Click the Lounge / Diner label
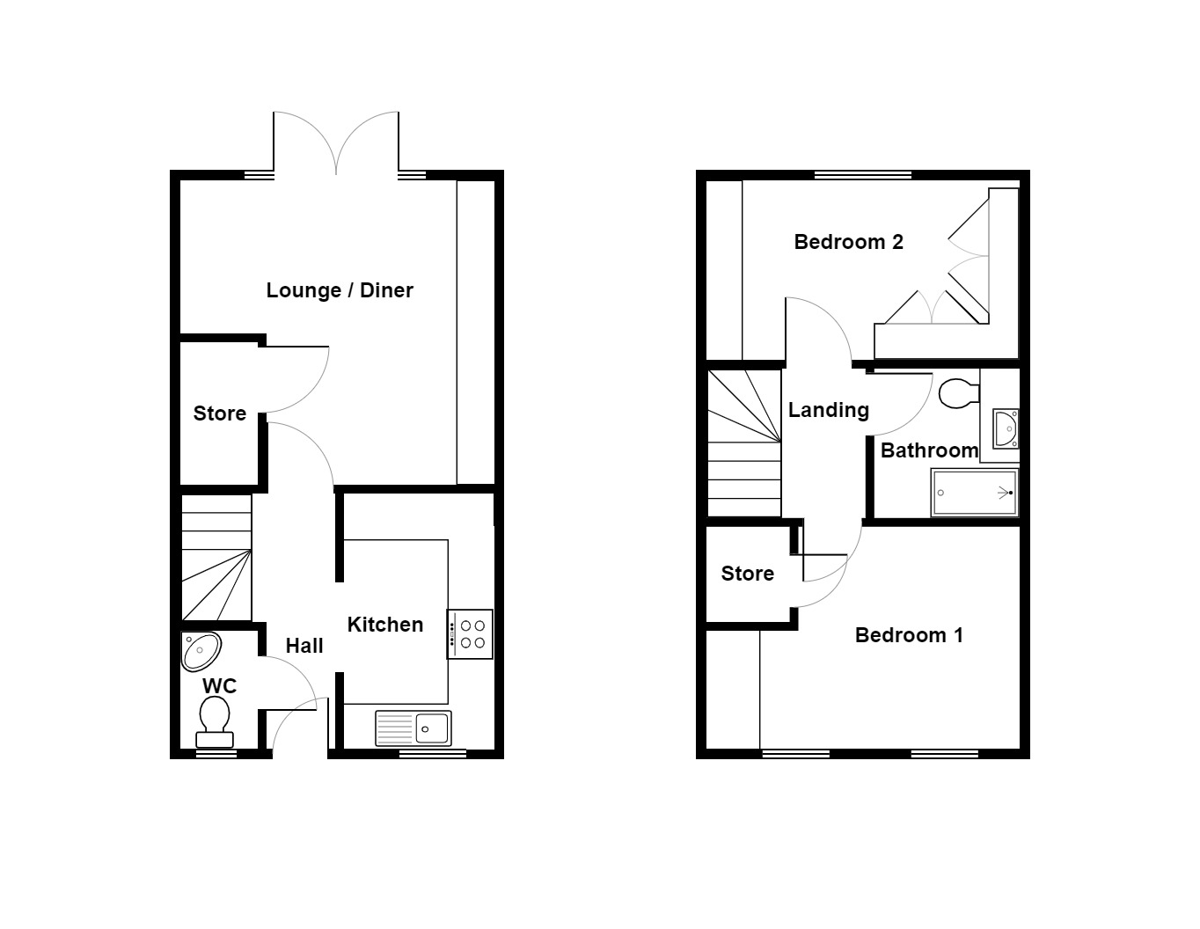pos(340,290)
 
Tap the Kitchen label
pos(385,625)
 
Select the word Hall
pos(304,646)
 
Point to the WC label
pos(219,686)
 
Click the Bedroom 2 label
pos(848,242)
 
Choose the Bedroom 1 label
pos(909,635)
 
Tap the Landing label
pos(828,410)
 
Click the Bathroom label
pos(929,450)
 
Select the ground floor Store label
pos(220,413)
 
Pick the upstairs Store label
pos(747,574)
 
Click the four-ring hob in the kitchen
pos(470,634)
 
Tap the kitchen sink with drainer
pos(413,728)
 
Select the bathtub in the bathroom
pos(974,493)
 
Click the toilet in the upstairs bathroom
pos(958,393)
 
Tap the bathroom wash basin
pos(1005,428)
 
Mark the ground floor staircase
pos(216,559)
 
